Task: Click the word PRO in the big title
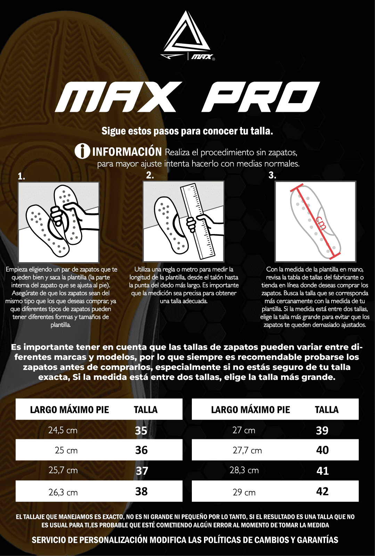pyautogui.click(x=261, y=97)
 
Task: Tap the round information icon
pyautogui.click(x=82, y=151)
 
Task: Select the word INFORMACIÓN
pyautogui.click(x=127, y=152)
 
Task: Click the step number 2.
pyautogui.click(x=150, y=175)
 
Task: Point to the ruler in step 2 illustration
pyautogui.click(x=198, y=221)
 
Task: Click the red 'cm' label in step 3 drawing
pyautogui.click(x=321, y=223)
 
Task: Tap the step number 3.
pyautogui.click(x=272, y=175)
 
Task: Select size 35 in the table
pyautogui.click(x=141, y=431)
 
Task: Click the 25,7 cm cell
pyautogui.click(x=63, y=470)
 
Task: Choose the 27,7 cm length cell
pyautogui.click(x=247, y=450)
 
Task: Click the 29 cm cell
pyautogui.click(x=244, y=492)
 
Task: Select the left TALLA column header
pyautogui.click(x=146, y=409)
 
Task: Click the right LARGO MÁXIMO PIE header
pyautogui.click(x=251, y=409)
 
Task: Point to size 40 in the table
pyautogui.click(x=323, y=450)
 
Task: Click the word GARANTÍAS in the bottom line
pyautogui.click(x=318, y=540)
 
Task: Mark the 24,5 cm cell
pyautogui.click(x=63, y=430)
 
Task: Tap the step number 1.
pyautogui.click(x=21, y=176)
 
